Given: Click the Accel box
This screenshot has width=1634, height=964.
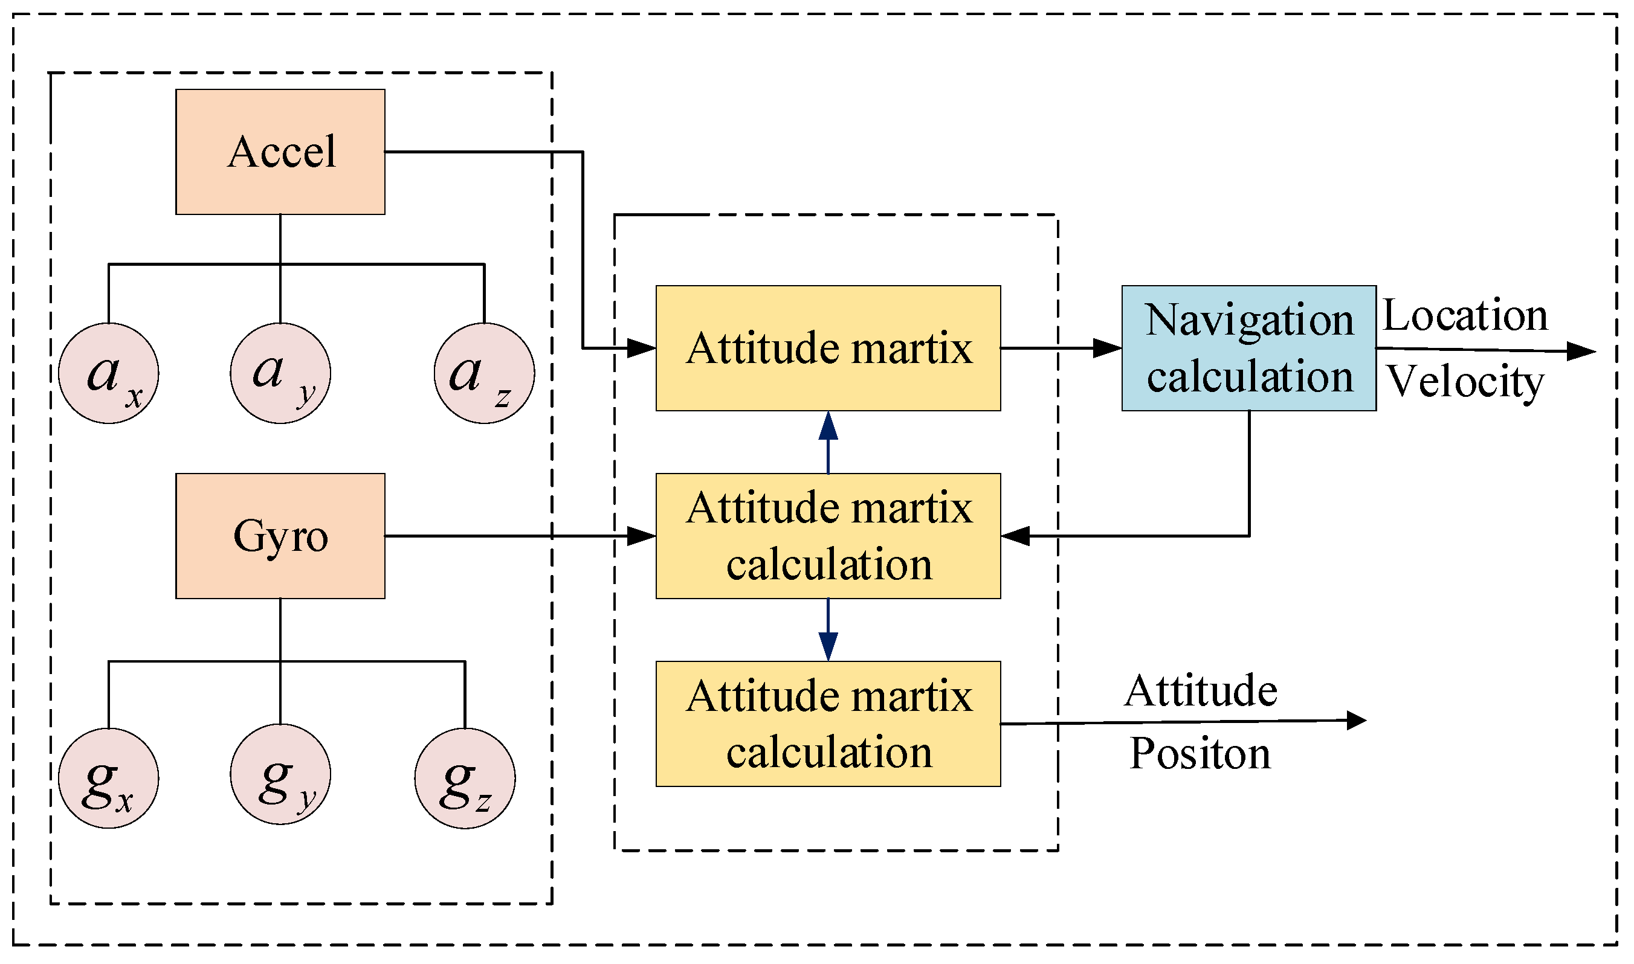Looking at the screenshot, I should click(280, 153).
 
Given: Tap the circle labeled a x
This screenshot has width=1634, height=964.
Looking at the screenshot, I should click(109, 374).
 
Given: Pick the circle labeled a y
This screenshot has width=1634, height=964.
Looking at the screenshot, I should click(280, 374).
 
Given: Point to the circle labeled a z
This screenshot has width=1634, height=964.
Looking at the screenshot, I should click(485, 374).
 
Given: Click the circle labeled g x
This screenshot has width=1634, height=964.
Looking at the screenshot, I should click(109, 779).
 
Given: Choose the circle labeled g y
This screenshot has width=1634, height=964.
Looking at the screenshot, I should click(280, 775).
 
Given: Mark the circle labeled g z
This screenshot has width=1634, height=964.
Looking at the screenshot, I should click(465, 779).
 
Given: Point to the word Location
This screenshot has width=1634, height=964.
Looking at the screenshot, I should click(1464, 317).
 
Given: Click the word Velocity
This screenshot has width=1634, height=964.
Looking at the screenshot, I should click(1464, 382).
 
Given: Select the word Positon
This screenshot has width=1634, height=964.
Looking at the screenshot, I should click(1200, 755).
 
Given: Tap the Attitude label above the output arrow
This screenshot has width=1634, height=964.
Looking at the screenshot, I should click(1201, 691).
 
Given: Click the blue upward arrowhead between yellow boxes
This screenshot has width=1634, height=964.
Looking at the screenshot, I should click(828, 427).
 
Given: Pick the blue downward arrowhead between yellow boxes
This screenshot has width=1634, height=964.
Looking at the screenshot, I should click(828, 647).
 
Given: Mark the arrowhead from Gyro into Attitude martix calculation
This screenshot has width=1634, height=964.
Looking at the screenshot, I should click(641, 536).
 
